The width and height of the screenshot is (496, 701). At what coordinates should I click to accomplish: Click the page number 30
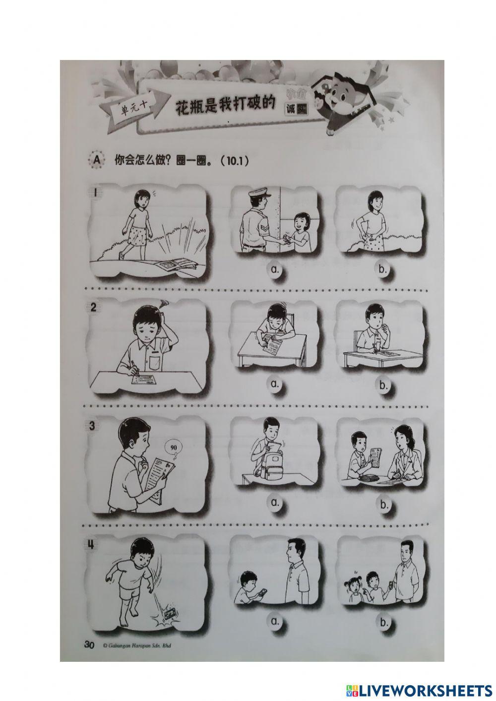[x=89, y=645]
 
